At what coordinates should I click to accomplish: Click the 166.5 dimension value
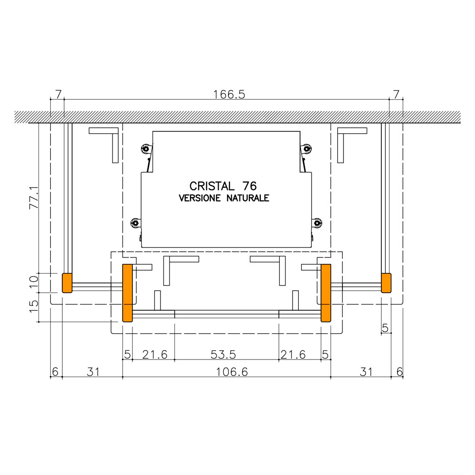pyautogui.click(x=229, y=95)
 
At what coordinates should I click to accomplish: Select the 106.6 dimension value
pyautogui.click(x=232, y=372)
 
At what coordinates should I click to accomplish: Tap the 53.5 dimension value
pyautogui.click(x=223, y=354)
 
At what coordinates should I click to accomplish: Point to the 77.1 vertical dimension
pyautogui.click(x=34, y=198)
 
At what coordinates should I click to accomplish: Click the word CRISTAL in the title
pyautogui.click(x=212, y=186)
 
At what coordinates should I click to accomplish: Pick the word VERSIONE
pyautogui.click(x=199, y=198)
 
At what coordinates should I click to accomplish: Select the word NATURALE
pyautogui.click(x=248, y=198)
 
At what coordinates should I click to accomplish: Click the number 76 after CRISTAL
pyautogui.click(x=250, y=186)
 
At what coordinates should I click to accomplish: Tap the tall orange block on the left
pyautogui.click(x=127, y=293)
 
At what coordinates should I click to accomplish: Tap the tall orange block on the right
pyautogui.click(x=326, y=293)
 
